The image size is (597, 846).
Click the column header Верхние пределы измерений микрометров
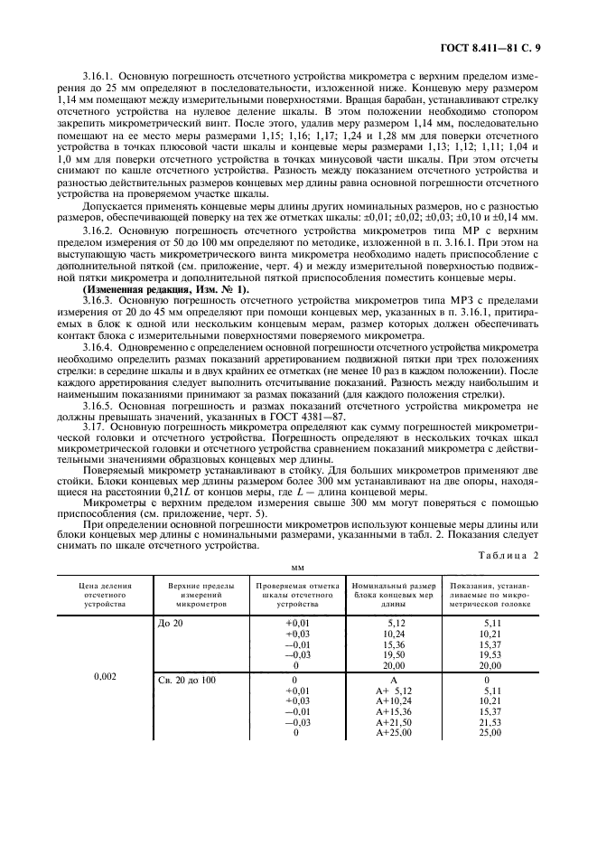[x=197, y=596]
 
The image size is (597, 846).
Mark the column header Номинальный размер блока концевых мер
[x=393, y=596]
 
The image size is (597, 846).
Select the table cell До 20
[x=170, y=623]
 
